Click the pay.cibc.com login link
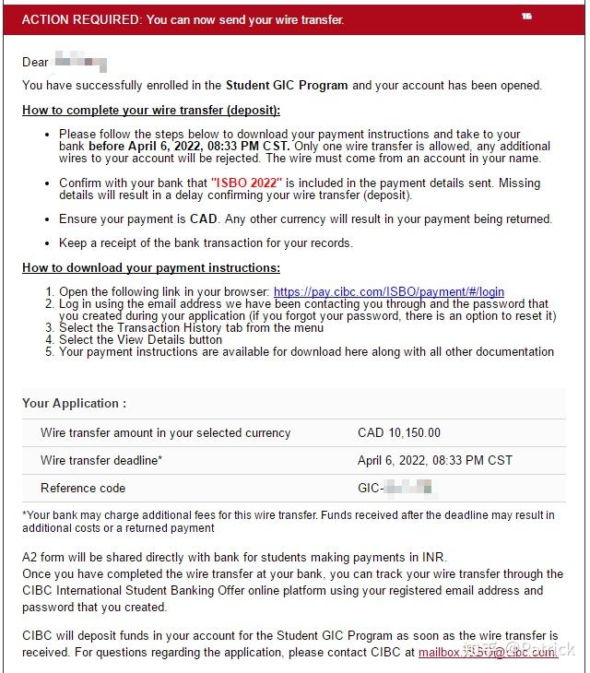pos(389,292)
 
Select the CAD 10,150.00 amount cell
pos(398,432)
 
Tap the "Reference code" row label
pos(83,488)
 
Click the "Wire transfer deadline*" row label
pos(101,460)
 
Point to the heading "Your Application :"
pos(75,403)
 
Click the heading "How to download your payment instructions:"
pos(151,267)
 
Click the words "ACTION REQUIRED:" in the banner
pos(80,19)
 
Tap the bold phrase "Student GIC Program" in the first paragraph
pos(287,86)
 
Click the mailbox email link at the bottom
pos(488,652)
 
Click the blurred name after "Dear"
pos(81,63)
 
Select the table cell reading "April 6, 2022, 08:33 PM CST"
pos(434,460)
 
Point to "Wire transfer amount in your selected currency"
pos(165,432)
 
